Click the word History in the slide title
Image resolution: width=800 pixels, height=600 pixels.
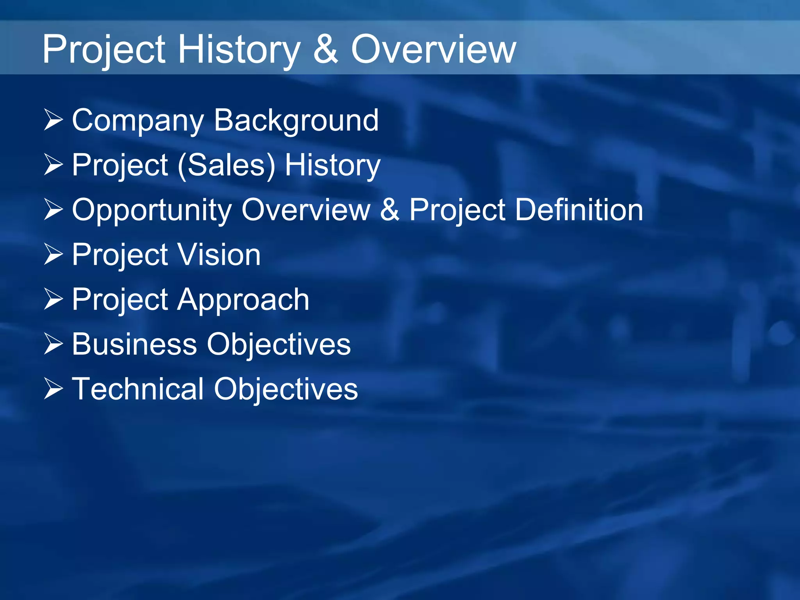(239, 50)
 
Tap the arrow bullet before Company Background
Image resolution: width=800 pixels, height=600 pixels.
(54, 120)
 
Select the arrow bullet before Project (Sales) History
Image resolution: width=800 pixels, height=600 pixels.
(54, 164)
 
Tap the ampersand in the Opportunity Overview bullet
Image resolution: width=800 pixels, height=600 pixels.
(389, 210)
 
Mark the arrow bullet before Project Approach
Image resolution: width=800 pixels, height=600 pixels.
(54, 299)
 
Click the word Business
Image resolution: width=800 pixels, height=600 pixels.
(134, 344)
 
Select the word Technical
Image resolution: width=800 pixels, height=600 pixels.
(138, 389)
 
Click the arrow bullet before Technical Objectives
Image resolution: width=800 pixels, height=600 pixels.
(54, 389)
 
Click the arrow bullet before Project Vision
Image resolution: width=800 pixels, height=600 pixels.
(54, 254)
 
